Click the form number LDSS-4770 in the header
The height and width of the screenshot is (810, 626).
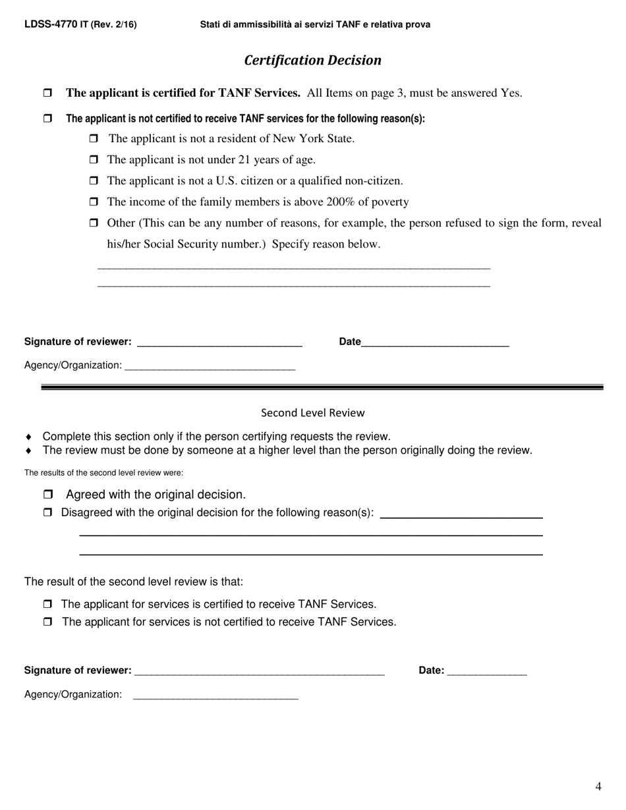pos(51,24)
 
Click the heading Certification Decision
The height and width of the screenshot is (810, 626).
pos(312,61)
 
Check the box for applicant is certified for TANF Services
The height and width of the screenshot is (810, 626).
pos(47,94)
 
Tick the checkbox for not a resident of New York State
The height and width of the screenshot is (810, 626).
pos(93,139)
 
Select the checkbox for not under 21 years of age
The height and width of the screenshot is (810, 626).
pos(93,160)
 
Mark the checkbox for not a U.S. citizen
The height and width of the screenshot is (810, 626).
pos(93,181)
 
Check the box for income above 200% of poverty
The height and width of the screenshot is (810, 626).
pos(93,202)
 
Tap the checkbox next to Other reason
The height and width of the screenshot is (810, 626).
pos(93,223)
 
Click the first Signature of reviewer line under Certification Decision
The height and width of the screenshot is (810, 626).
pos(218,342)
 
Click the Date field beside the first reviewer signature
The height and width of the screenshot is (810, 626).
pos(435,342)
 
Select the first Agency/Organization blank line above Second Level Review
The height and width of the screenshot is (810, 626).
pos(210,365)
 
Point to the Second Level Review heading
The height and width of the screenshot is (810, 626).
pos(312,413)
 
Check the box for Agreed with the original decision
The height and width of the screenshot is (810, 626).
pos(48,495)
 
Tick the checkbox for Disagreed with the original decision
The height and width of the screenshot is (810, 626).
pos(47,512)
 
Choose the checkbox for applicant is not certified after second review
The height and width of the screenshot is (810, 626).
pos(47,622)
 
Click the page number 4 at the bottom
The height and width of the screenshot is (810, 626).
pos(598,786)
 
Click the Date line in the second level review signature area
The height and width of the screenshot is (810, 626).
pos(486,670)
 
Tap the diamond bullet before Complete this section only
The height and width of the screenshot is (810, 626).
pos(28,437)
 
